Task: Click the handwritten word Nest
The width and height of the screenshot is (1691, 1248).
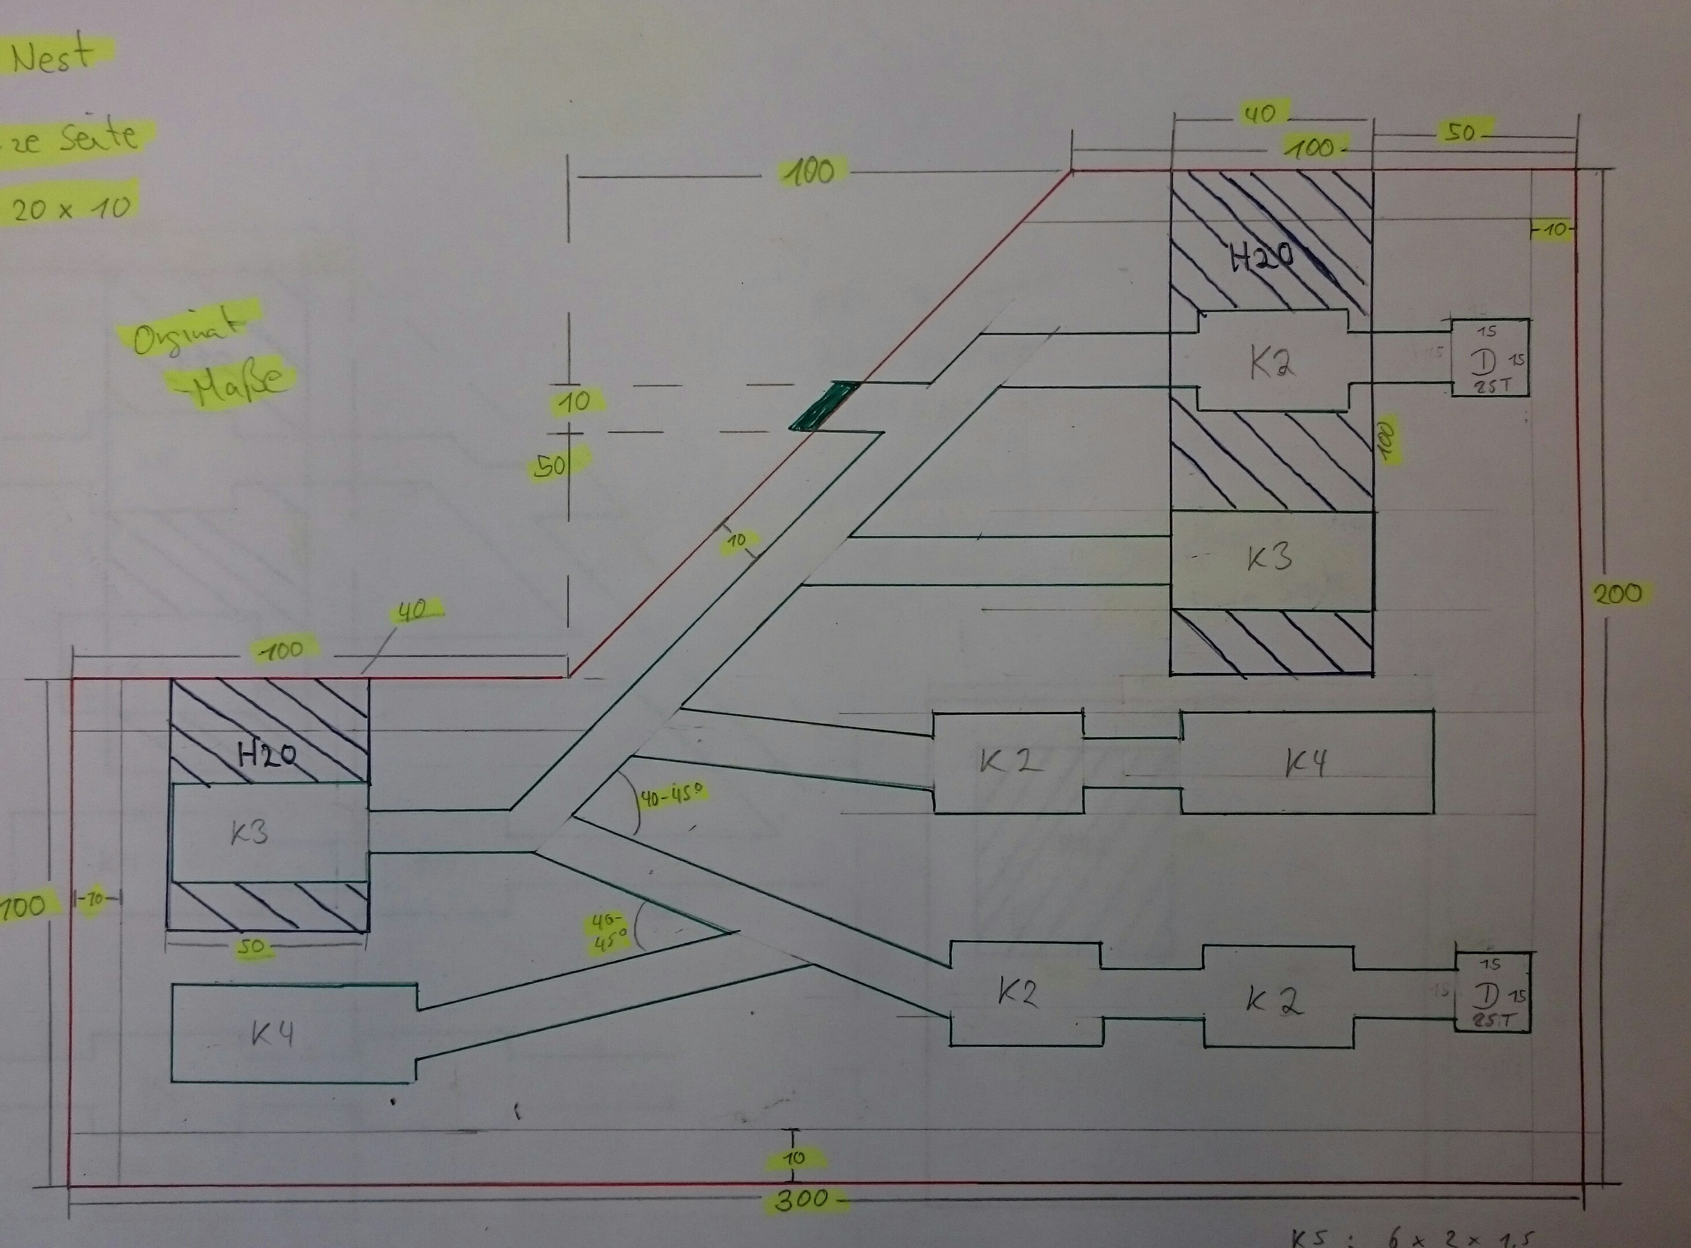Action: [x=53, y=57]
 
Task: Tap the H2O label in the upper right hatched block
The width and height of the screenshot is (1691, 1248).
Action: [x=1262, y=259]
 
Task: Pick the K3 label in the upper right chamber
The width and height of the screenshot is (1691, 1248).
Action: [x=1269, y=558]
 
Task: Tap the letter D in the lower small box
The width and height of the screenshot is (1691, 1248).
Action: [x=1486, y=996]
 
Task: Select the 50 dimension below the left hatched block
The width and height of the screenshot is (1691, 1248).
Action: [x=251, y=948]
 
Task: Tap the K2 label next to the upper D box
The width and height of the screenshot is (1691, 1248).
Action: [x=1271, y=365]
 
